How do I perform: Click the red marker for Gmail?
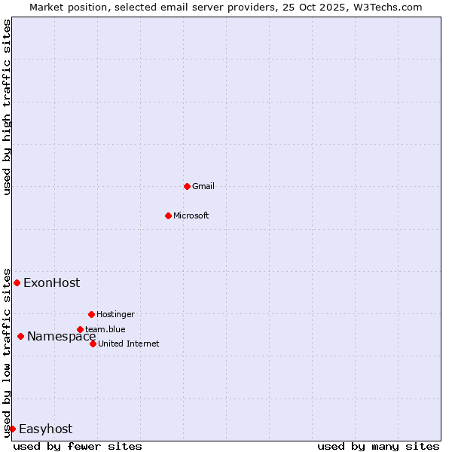click(x=187, y=186)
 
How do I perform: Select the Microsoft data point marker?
click(x=168, y=215)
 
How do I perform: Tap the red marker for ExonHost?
click(x=17, y=282)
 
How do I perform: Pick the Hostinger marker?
click(x=91, y=314)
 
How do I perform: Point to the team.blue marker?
click(x=80, y=329)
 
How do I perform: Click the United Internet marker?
click(x=93, y=344)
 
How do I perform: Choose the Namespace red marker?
click(x=20, y=336)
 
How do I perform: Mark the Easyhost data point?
click(x=12, y=429)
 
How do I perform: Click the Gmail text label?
click(x=203, y=186)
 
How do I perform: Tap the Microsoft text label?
click(x=191, y=215)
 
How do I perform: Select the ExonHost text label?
click(x=51, y=283)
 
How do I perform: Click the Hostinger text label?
click(x=115, y=314)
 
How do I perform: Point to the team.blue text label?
click(x=105, y=329)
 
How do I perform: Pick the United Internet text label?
click(x=129, y=344)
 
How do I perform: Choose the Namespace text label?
click(x=61, y=337)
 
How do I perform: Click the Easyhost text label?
click(x=45, y=429)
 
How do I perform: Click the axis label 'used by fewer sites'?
click(x=78, y=446)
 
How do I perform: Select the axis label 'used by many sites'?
click(x=378, y=446)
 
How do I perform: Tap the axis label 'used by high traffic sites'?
click(x=8, y=107)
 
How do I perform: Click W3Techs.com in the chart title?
click(x=391, y=7)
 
